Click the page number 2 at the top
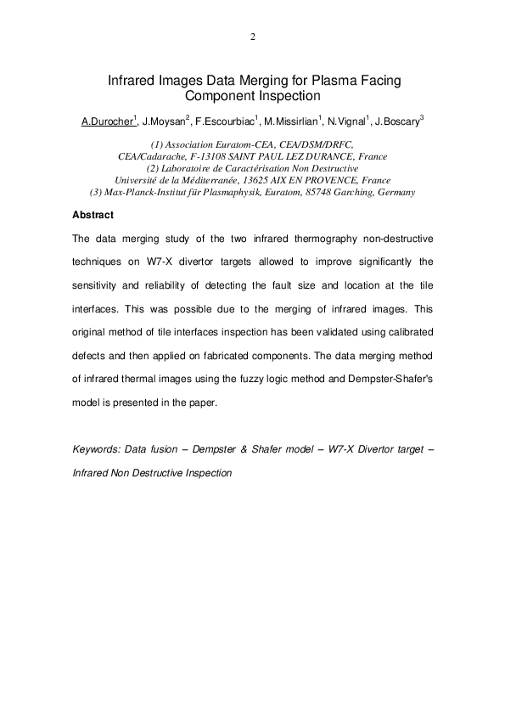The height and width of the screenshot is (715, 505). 252,37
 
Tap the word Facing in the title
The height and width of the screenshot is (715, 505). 368,81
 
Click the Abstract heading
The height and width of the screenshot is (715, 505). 93,215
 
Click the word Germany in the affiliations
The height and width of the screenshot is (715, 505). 396,193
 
